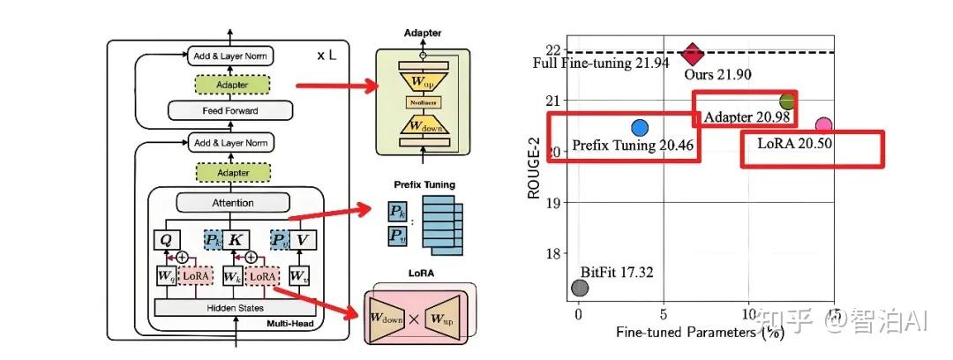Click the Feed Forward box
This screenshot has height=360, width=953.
[x=230, y=111]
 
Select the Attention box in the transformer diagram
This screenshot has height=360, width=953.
[x=233, y=203]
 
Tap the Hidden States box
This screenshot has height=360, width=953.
[x=234, y=308]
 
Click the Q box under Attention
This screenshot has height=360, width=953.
[x=167, y=239]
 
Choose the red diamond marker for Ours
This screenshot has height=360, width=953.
[x=694, y=53]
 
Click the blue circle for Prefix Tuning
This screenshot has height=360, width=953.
[x=640, y=128]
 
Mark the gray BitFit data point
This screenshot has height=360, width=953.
[x=580, y=288]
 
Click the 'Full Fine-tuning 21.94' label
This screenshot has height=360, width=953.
[x=601, y=64]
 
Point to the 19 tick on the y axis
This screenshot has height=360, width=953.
[x=554, y=202]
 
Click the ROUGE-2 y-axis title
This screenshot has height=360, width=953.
[x=534, y=167]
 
